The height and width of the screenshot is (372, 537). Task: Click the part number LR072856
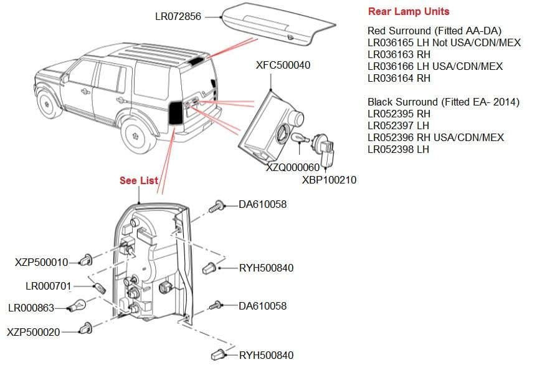(178, 17)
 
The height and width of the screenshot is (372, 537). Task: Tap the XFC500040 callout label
(283, 66)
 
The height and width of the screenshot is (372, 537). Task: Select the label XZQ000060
(292, 167)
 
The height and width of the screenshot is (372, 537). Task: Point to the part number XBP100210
(329, 180)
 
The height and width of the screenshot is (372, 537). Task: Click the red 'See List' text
(139, 180)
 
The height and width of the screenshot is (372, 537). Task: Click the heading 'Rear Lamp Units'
(408, 11)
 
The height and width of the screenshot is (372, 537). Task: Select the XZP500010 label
(41, 262)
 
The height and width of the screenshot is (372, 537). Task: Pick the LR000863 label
(31, 308)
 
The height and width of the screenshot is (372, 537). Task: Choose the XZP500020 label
(34, 331)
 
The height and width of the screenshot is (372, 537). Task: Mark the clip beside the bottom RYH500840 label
(219, 355)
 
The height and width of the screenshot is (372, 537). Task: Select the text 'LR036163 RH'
(399, 54)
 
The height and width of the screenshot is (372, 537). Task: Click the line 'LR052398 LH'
(398, 149)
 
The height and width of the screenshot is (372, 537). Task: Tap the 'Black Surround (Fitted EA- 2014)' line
(443, 102)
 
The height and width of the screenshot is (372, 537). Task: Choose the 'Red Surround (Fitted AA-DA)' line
(434, 31)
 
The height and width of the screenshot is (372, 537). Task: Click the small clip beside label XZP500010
(87, 260)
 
